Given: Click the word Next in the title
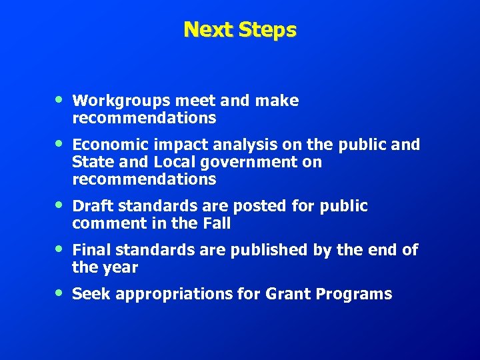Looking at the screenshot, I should coord(206,29).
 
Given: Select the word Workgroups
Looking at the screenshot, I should coord(121,101).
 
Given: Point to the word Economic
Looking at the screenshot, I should coord(109,145).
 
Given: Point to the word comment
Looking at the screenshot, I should coord(103,224).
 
